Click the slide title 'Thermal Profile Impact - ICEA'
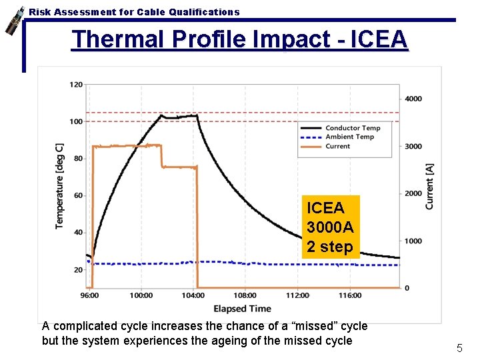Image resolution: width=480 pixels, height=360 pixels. click(239, 39)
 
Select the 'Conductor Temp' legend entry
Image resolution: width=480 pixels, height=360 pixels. click(352, 128)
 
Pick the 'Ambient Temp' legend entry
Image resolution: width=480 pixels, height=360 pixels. click(349, 137)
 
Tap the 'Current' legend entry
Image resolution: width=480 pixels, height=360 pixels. click(337, 146)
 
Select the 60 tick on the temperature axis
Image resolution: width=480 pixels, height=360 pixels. click(78, 195)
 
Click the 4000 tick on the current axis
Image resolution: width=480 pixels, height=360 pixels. click(413, 99)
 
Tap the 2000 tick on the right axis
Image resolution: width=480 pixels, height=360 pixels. click(413, 193)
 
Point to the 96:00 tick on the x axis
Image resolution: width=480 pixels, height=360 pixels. click(89, 295)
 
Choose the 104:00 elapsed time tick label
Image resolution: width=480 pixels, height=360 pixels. click(193, 295)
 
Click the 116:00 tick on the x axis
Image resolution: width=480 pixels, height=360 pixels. click(349, 295)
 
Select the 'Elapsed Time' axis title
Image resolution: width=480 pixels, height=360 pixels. click(242, 309)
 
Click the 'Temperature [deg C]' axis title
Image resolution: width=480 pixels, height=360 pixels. click(60, 186)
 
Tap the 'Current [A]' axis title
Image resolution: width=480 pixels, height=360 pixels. click(429, 187)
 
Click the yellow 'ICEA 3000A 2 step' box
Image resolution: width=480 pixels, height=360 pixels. click(330, 227)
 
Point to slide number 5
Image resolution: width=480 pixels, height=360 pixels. click(459, 347)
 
